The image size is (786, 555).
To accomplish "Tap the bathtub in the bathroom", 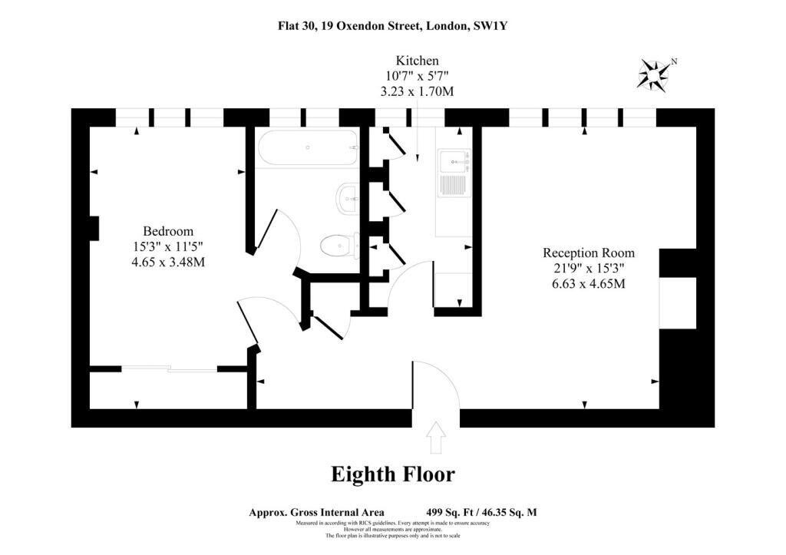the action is tap(308, 148).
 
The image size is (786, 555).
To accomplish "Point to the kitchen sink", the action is tap(453, 172).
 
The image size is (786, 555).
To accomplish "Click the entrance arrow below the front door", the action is tap(436, 438).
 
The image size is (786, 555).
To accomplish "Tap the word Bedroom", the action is tap(168, 231).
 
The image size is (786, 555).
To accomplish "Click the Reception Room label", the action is tap(589, 253).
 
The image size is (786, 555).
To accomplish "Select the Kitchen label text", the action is tap(417, 61).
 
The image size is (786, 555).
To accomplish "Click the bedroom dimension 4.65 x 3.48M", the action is tap(168, 262).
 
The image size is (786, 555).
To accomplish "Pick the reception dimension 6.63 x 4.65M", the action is tap(589, 284).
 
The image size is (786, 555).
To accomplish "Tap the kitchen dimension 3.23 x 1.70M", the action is tap(417, 92).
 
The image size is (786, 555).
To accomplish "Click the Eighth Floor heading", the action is tap(393, 474).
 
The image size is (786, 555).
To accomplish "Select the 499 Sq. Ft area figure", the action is tap(450, 512).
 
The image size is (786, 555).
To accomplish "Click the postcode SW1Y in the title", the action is tap(490, 25).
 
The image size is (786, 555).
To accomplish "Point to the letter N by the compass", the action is tap(674, 61).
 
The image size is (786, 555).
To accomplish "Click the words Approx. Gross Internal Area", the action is tap(317, 512).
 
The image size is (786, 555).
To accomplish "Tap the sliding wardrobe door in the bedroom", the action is tap(170, 369).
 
